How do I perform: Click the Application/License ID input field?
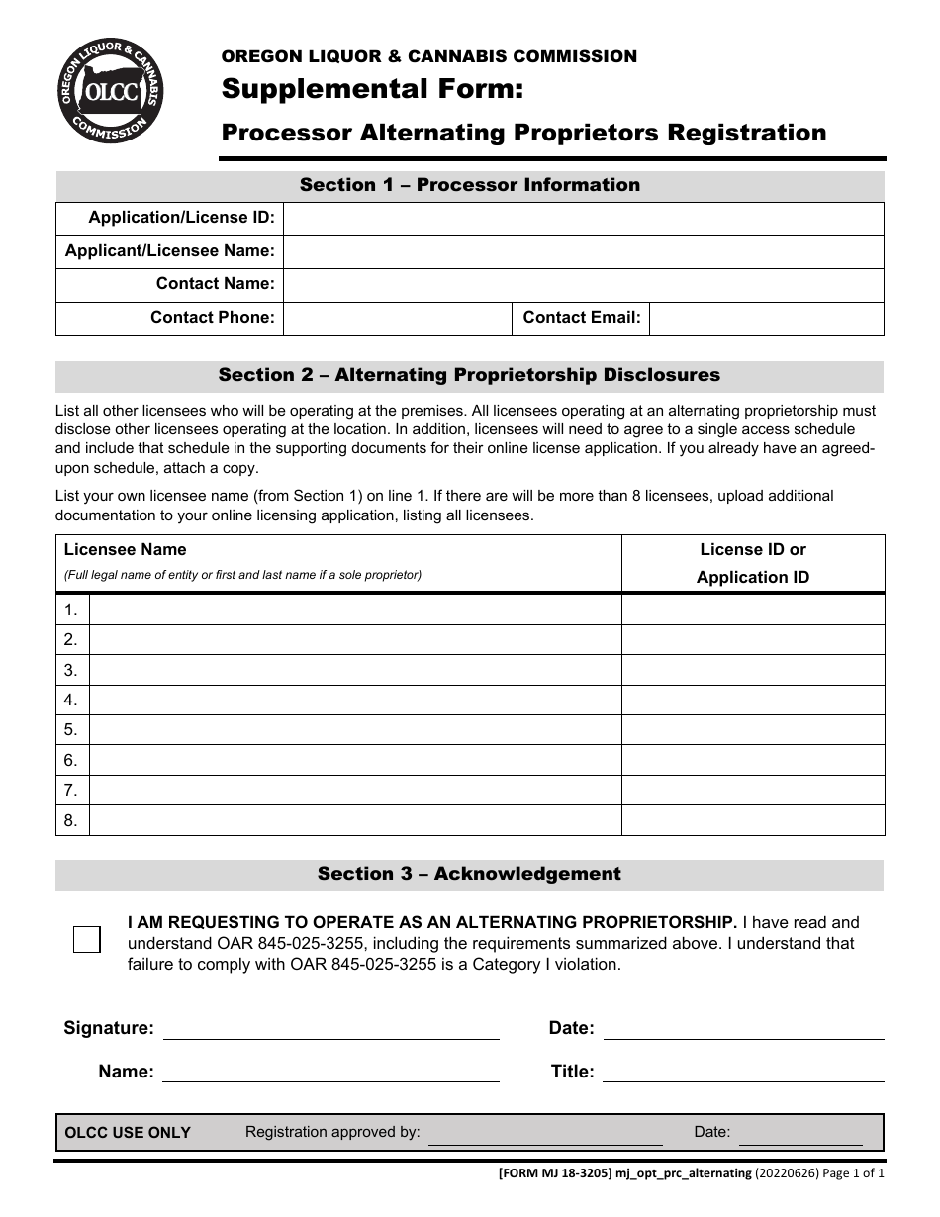[x=583, y=219]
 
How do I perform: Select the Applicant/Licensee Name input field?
[x=583, y=251]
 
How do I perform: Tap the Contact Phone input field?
[x=397, y=319]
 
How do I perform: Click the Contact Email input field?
[x=766, y=319]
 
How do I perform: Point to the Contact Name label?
[x=215, y=284]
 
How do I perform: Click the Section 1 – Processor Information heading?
[x=470, y=185]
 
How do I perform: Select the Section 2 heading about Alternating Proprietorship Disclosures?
[x=470, y=375]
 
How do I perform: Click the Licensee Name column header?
[x=126, y=550]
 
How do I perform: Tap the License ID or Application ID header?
[x=752, y=563]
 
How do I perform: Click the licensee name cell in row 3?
[x=354, y=670]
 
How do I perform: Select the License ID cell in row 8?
[x=752, y=820]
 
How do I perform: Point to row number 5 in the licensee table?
[x=71, y=730]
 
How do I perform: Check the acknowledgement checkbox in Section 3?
[x=87, y=939]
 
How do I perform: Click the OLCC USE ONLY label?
[x=128, y=1133]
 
